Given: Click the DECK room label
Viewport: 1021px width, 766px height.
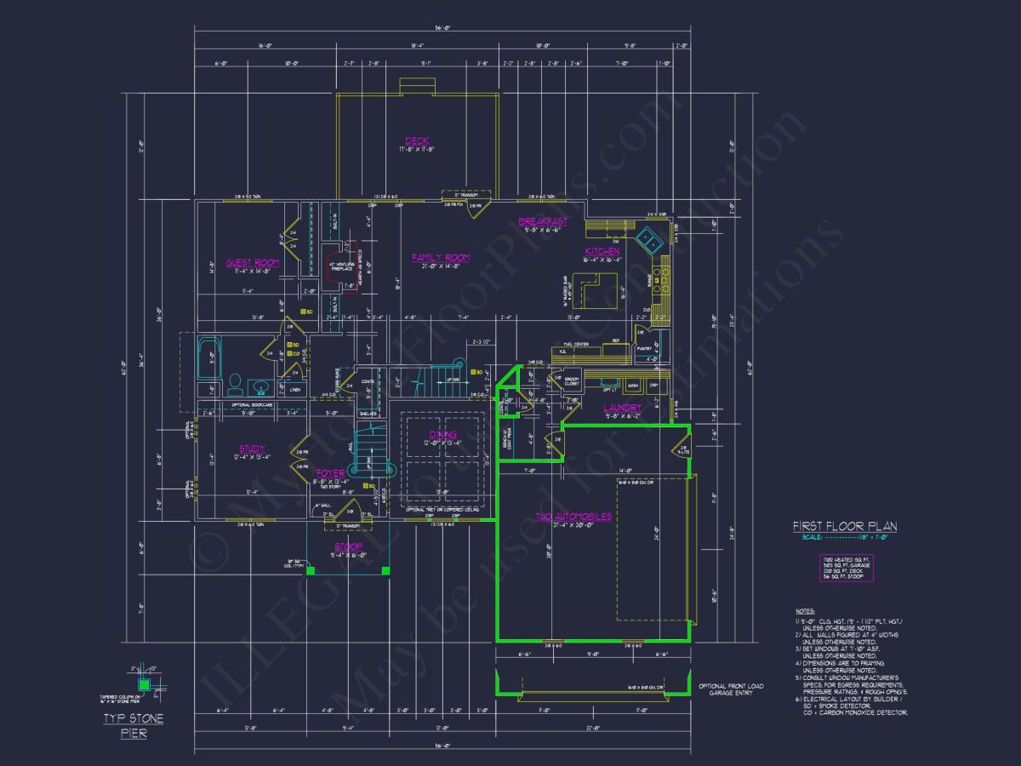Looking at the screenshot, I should [417, 140].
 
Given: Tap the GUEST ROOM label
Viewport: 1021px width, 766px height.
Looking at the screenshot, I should [253, 263].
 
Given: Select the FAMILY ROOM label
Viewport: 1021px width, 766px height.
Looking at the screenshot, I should [441, 257].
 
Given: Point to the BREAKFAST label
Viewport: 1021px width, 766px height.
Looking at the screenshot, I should [543, 221].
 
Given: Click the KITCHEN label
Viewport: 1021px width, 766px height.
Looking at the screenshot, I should [602, 251].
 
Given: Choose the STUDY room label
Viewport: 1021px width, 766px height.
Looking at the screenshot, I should [251, 449].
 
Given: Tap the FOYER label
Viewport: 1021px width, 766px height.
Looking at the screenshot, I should [330, 472].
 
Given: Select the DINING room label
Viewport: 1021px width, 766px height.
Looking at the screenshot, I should [442, 434].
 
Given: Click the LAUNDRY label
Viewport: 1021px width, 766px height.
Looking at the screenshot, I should [623, 408].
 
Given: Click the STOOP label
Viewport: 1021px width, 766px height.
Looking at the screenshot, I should [347, 546].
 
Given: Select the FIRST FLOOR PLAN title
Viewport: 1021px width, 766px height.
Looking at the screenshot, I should [844, 526].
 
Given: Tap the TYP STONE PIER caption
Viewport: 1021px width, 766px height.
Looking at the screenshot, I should [134, 725].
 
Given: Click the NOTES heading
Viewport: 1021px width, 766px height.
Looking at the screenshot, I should [805, 611].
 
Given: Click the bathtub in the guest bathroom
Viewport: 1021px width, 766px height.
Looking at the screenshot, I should [209, 358].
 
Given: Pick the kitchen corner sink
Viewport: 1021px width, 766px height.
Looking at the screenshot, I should [652, 241].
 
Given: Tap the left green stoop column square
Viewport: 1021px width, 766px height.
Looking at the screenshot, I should [311, 570].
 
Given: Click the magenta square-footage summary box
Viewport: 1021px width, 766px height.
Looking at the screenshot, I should [842, 566].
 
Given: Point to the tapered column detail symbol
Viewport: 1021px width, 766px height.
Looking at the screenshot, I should [144, 683].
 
